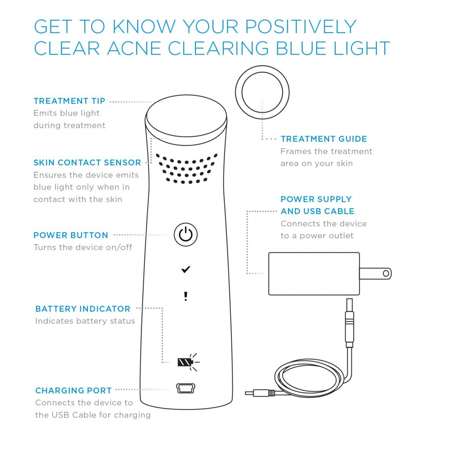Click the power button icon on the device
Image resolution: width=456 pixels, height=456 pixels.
[x=185, y=235]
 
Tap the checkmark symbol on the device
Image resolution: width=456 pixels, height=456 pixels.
[x=185, y=270]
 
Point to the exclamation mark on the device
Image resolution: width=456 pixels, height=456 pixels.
[x=186, y=296]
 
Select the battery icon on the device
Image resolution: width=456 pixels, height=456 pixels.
[x=185, y=362]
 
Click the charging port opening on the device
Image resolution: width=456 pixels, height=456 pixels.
[x=186, y=388]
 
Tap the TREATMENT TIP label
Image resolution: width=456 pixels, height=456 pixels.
[x=69, y=101]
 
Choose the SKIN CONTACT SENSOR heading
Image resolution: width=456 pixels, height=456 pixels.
[x=87, y=163]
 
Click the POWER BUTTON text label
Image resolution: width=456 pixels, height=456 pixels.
[x=70, y=235]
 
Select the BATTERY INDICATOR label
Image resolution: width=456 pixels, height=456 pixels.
[x=82, y=309]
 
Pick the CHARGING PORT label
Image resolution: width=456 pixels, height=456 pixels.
[x=73, y=391]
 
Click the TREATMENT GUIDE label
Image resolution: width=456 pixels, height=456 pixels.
[x=324, y=139]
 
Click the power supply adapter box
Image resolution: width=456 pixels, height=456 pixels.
[x=314, y=274]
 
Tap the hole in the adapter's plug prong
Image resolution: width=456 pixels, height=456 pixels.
[x=386, y=274]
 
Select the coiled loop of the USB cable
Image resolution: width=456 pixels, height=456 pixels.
[x=309, y=378]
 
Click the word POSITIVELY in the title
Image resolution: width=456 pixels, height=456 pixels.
[x=301, y=27]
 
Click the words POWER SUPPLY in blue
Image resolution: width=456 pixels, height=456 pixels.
[x=316, y=199]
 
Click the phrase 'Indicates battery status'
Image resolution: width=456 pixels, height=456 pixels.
[x=85, y=321]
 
